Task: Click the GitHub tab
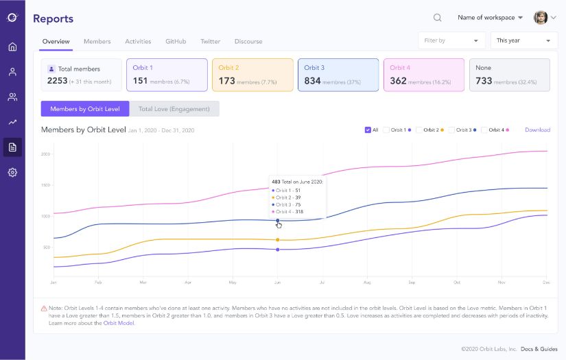pyautogui.click(x=176, y=41)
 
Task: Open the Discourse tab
pyautogui.click(x=248, y=41)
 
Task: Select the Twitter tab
pyautogui.click(x=210, y=41)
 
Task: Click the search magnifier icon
pyautogui.click(x=438, y=18)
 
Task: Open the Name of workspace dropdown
pyautogui.click(x=490, y=18)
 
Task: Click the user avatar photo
pyautogui.click(x=541, y=18)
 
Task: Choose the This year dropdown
pyautogui.click(x=523, y=40)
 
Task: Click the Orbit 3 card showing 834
pyautogui.click(x=338, y=75)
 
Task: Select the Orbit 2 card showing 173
pyautogui.click(x=252, y=75)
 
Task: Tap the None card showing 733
pyautogui.click(x=509, y=75)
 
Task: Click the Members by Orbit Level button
pyautogui.click(x=85, y=108)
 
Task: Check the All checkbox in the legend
pyautogui.click(x=368, y=130)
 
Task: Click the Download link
pyautogui.click(x=537, y=130)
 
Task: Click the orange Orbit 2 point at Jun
pyautogui.click(x=277, y=240)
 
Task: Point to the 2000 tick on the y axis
pyautogui.click(x=45, y=154)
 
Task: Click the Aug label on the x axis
pyautogui.click(x=367, y=282)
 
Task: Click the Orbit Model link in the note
pyautogui.click(x=119, y=323)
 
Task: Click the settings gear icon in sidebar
pyautogui.click(x=12, y=172)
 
